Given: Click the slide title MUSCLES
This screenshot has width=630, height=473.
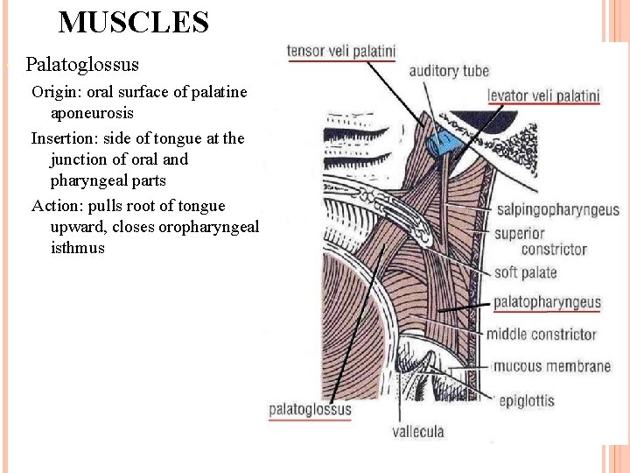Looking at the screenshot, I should coord(133,22).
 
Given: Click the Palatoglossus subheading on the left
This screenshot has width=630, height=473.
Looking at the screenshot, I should coord(82,65).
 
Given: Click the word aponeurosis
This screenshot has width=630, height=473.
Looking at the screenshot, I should coord(92,114).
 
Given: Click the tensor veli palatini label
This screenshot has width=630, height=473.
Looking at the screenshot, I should coord(341,52).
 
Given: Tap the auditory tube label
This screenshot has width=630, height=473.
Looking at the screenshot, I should coord(449,71).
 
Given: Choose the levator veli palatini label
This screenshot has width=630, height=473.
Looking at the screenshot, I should coord(543,95).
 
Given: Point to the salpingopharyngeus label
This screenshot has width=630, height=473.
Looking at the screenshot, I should coord(557,210).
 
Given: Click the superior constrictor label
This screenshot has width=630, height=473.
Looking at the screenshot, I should coord(541,241).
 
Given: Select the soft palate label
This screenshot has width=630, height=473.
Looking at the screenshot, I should coord(525,272).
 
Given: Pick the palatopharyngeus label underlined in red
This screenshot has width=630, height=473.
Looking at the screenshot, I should coord(547,303).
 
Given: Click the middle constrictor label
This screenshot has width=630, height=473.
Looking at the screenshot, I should coord(541,334).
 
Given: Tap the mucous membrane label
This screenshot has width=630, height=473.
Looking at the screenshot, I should coord(552,366).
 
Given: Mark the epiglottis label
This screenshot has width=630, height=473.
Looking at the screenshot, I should coord(527,401).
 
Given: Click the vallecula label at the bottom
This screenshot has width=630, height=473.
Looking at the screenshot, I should coord(417,431).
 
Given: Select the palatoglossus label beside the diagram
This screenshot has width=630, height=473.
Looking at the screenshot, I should coord(310,409).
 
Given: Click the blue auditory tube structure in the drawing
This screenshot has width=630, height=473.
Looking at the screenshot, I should coord(441,138).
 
